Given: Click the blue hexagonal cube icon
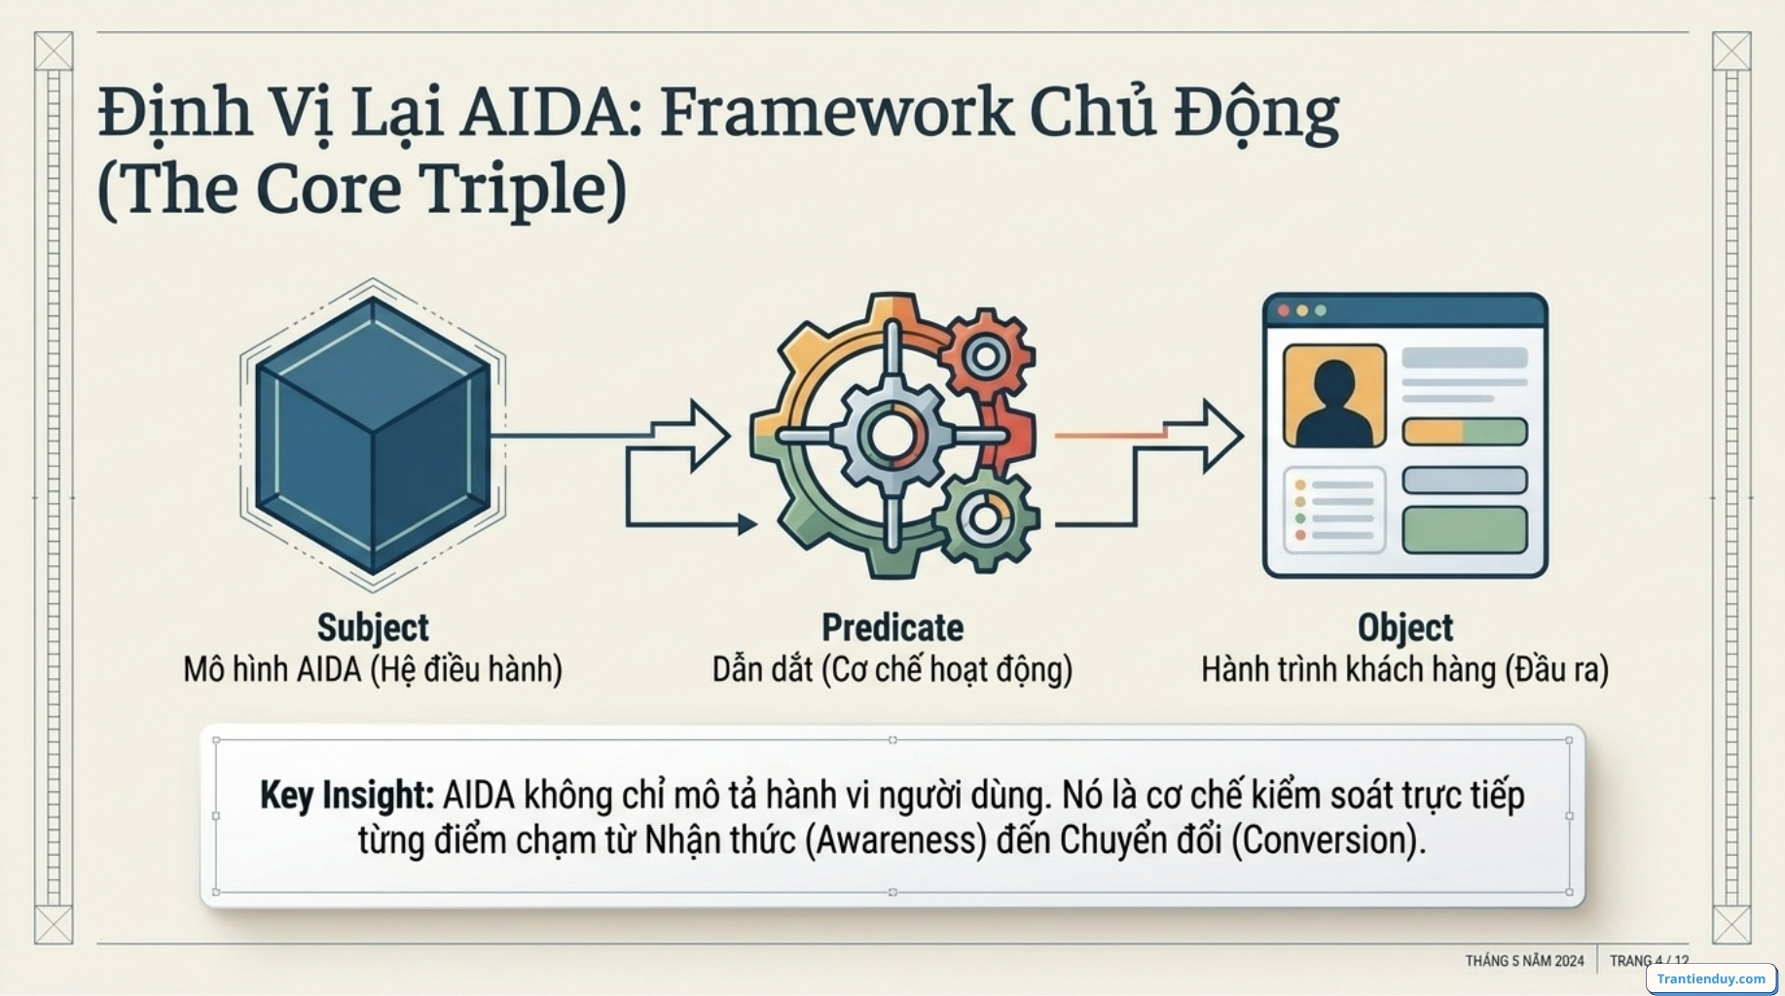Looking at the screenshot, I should click(373, 435).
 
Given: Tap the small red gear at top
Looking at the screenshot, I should click(985, 357).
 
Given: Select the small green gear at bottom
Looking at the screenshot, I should click(984, 517).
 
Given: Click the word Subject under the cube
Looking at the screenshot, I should click(373, 627).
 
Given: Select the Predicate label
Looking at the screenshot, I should click(892, 627).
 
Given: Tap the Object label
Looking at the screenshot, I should click(1404, 627).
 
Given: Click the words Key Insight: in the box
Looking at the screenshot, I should click(346, 796).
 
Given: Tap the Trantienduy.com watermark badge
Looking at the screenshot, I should click(1710, 978).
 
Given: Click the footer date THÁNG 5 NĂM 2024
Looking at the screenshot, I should click(1524, 961).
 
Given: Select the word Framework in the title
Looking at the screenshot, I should click(837, 112).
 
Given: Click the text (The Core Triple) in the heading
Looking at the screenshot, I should click(362, 189).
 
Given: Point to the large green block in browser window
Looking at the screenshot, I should click(1464, 530).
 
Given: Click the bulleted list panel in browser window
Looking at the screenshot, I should click(1333, 511).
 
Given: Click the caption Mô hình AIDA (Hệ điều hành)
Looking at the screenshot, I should click(373, 670).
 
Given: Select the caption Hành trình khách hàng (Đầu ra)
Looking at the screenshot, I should click(1404, 670).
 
